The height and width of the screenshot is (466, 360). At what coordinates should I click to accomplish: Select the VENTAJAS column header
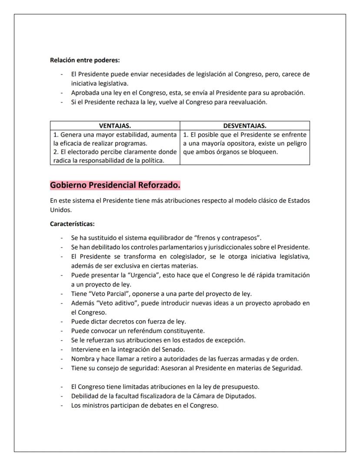115,126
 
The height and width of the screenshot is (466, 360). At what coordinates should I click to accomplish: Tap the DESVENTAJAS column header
245,126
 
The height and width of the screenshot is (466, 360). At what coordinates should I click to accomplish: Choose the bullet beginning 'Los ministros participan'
145,406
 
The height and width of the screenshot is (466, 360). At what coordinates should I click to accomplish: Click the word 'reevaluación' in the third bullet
247,102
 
